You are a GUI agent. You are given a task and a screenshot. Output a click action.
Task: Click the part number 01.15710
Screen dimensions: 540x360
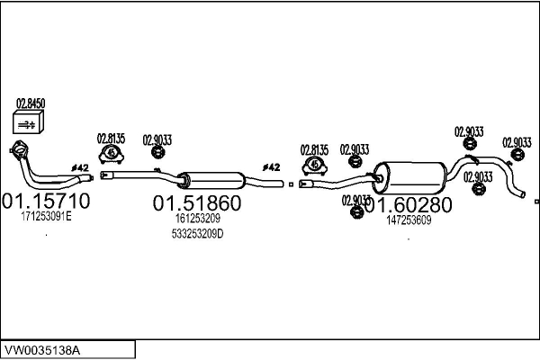coord(46,201)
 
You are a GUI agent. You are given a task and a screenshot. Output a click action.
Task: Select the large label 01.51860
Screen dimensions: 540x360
coord(197,202)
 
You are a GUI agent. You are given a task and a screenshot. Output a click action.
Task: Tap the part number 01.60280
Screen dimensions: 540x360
coord(409,205)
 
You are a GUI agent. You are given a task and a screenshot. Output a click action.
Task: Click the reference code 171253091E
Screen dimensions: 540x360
coord(47,217)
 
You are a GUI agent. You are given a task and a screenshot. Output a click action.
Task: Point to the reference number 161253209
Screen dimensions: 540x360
coord(198,219)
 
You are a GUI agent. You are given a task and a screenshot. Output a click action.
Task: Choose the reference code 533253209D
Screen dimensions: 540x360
coord(197,234)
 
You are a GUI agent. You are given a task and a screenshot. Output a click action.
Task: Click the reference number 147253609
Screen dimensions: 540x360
coord(409,220)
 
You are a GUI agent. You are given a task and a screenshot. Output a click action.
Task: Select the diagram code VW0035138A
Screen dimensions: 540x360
coord(42,350)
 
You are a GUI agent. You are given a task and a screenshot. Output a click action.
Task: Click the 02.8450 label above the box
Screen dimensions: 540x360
coord(31,103)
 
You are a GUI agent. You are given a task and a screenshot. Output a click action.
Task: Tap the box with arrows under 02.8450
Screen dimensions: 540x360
coord(28,122)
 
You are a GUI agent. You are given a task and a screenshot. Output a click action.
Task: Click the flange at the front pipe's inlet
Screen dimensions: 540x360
coord(19,150)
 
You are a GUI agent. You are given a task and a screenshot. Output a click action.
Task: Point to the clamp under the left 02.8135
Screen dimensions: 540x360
coord(112,154)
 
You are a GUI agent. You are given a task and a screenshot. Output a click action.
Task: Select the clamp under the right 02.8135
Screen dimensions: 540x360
coord(314,166)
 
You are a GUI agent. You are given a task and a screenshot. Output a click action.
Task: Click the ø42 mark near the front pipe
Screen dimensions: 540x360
coord(80,167)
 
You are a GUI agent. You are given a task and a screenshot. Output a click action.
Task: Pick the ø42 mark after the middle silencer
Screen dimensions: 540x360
coord(272,167)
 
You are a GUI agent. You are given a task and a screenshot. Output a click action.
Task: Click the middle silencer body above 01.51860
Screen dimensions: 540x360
coord(212,180)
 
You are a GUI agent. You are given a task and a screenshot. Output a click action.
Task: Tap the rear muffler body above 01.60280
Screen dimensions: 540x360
coord(409,178)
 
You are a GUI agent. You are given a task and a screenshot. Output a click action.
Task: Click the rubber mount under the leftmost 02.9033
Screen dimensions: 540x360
coord(157,151)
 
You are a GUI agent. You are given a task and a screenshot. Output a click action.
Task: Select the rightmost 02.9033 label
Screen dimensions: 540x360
coord(517,142)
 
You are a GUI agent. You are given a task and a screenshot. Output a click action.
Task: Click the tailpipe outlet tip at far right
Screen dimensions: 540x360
coord(522,194)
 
